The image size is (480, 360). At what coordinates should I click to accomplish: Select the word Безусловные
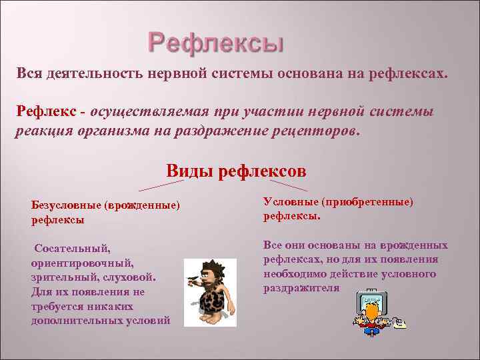[x=65, y=205]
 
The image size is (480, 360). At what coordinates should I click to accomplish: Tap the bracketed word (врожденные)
[x=142, y=205]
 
